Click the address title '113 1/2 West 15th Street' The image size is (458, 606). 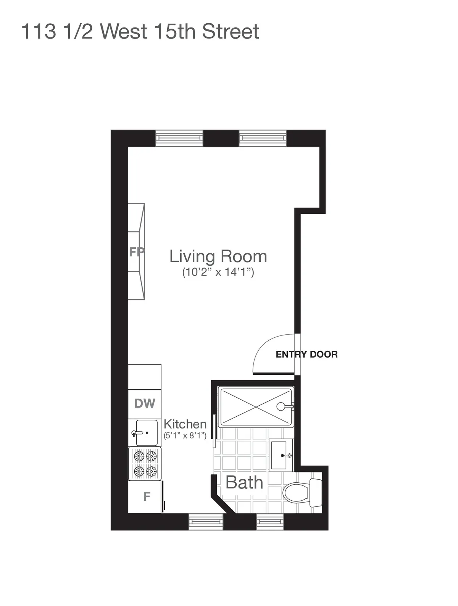tap(140, 31)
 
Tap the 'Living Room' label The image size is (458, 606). tap(218, 256)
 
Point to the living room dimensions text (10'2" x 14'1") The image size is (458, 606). tap(218, 272)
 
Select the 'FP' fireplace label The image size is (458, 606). tap(136, 252)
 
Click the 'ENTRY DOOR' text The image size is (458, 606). tap(306, 355)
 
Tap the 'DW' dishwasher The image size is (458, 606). tap(145, 403)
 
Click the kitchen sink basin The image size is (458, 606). tap(145, 432)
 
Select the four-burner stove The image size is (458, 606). tap(145, 463)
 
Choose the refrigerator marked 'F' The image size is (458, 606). tap(146, 496)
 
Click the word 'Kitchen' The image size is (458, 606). tap(185, 424)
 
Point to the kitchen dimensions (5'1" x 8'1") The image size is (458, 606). tap(185, 435)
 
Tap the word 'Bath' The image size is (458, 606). tap(244, 483)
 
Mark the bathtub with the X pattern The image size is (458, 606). tap(255, 406)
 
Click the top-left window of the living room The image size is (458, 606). tap(179, 138)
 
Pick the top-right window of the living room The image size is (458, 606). tap(263, 138)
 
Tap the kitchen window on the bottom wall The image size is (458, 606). tap(206, 522)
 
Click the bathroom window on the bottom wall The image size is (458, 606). tap(271, 522)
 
